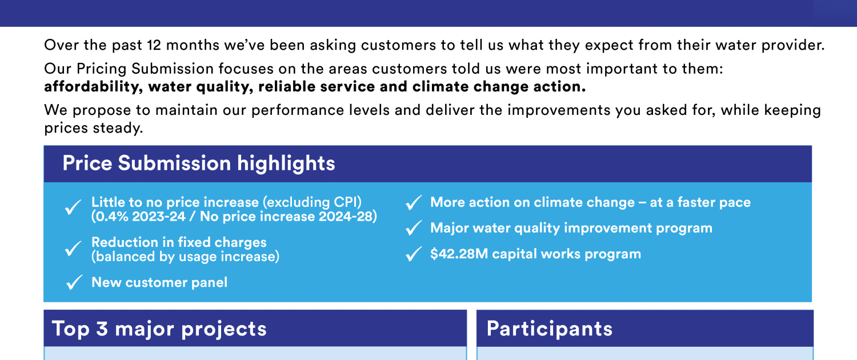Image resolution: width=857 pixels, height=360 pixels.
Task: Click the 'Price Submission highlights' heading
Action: pos(199,164)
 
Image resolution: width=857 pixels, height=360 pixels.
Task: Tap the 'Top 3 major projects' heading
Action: pos(159,329)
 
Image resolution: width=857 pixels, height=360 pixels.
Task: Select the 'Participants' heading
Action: pos(550,329)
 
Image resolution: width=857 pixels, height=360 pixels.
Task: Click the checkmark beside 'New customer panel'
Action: pos(74,282)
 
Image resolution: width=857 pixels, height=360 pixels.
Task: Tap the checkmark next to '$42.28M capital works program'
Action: pos(414,254)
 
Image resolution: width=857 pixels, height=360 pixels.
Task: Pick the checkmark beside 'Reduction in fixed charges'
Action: pos(73,249)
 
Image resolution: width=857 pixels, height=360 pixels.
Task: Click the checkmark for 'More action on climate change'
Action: pos(414,203)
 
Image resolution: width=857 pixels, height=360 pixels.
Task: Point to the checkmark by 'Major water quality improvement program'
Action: pos(414,228)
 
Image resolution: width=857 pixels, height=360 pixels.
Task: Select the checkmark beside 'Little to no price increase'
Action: pos(73,207)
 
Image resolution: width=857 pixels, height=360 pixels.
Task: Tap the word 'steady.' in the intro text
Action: pos(118,128)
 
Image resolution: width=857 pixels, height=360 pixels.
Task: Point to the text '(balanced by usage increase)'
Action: pos(185,257)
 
